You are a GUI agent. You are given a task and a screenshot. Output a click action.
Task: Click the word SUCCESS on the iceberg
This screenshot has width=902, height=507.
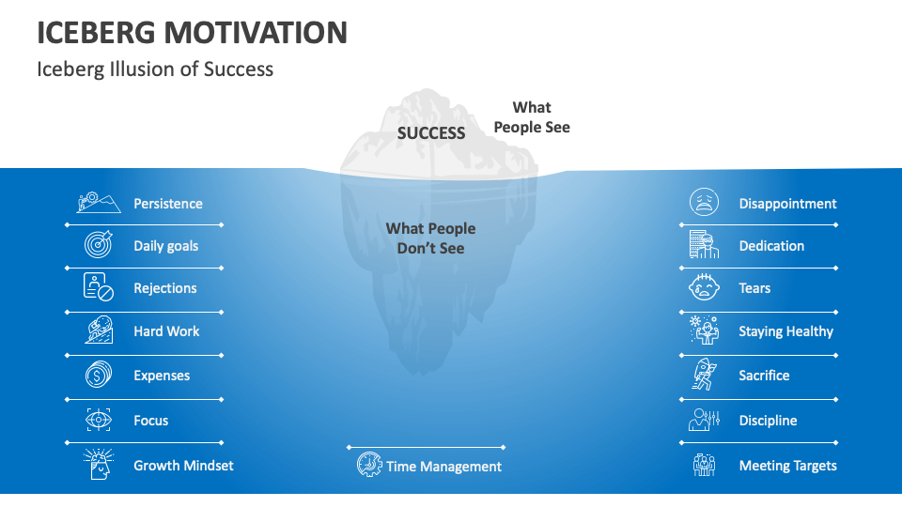(x=431, y=132)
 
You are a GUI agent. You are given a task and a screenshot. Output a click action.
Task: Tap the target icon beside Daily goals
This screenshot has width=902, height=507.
(x=99, y=244)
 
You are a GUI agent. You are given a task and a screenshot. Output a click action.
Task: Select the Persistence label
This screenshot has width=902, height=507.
(x=168, y=204)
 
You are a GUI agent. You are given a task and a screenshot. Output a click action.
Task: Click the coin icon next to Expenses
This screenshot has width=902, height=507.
(x=99, y=375)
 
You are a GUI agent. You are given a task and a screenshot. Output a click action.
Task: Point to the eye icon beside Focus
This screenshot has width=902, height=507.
(x=99, y=420)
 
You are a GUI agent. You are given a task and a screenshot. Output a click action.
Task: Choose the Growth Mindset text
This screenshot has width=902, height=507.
(x=183, y=466)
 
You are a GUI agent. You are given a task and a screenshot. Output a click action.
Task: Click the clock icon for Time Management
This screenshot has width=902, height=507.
(x=368, y=465)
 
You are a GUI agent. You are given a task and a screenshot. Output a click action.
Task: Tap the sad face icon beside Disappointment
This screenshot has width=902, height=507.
(x=704, y=202)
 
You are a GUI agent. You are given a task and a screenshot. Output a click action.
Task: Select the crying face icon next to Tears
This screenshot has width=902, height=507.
(x=704, y=287)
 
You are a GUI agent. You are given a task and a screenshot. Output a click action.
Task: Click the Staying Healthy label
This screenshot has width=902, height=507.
(x=785, y=331)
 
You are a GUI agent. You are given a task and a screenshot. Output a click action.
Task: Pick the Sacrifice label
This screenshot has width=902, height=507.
(x=764, y=376)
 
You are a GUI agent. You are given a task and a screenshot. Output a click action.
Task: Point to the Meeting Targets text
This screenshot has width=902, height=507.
(x=787, y=466)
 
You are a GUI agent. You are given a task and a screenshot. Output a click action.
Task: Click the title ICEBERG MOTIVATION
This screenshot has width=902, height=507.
(x=192, y=32)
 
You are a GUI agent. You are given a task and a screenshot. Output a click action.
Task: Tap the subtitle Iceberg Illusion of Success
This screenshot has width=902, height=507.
(x=155, y=69)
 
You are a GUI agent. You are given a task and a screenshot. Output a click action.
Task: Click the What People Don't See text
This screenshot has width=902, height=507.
(x=431, y=238)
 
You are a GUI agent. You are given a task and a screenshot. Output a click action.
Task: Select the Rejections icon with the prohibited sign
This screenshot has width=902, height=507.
(x=99, y=287)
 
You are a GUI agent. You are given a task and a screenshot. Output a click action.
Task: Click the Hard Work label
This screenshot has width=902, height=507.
(x=166, y=331)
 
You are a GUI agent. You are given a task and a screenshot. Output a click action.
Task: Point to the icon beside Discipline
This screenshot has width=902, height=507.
(x=704, y=420)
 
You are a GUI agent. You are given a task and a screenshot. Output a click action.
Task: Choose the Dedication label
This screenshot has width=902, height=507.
(x=771, y=246)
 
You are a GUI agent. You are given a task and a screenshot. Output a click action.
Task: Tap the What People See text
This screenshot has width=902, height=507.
(x=532, y=117)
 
